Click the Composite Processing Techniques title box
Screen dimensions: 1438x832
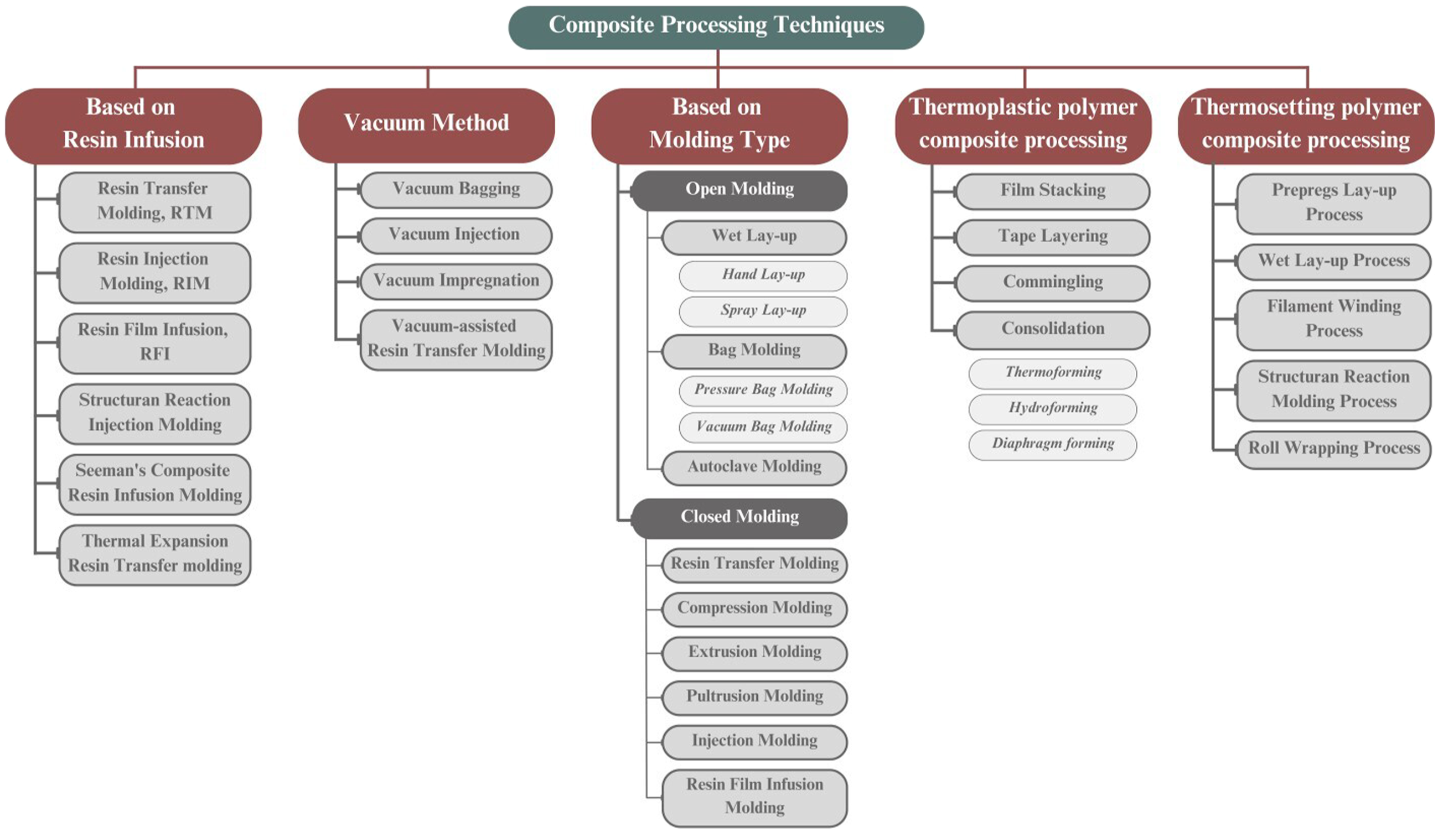pyautogui.click(x=716, y=27)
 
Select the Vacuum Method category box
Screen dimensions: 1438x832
pyautogui.click(x=426, y=125)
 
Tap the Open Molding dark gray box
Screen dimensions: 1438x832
pyautogui.click(x=739, y=190)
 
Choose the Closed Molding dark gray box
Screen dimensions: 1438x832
pyautogui.click(x=739, y=518)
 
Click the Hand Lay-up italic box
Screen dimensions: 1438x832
pyautogui.click(x=763, y=275)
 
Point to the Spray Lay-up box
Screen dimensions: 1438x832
pyautogui.click(x=763, y=311)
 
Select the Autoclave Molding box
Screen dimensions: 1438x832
pyautogui.click(x=754, y=467)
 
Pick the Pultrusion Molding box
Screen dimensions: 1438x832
pyautogui.click(x=754, y=698)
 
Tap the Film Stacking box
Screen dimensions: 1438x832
pyautogui.click(x=1053, y=191)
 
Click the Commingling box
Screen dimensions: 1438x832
pyautogui.click(x=1053, y=283)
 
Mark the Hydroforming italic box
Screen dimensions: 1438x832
pyautogui.click(x=1053, y=409)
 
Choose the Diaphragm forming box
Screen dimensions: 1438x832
pyautogui.click(x=1053, y=445)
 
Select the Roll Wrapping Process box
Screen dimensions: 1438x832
pyautogui.click(x=1333, y=449)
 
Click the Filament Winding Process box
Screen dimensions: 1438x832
pyautogui.click(x=1333, y=320)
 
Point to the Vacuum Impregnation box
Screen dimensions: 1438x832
pyautogui.click(x=456, y=281)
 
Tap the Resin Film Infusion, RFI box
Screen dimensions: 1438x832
pyautogui.click(x=154, y=344)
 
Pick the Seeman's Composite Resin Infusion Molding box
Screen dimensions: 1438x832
pyautogui.click(x=154, y=484)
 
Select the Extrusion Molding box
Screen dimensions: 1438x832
pyautogui.click(x=754, y=653)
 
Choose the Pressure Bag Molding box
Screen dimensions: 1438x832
pyautogui.click(x=763, y=391)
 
